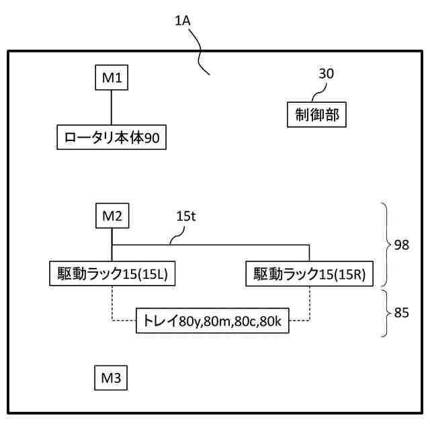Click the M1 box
[x=111, y=78]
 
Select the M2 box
[x=111, y=216]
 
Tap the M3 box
[x=111, y=378]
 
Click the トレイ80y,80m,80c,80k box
[x=212, y=321]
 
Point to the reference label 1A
[x=183, y=21]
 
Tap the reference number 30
[x=326, y=74]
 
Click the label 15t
[x=186, y=216]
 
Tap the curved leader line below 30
[x=315, y=93]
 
